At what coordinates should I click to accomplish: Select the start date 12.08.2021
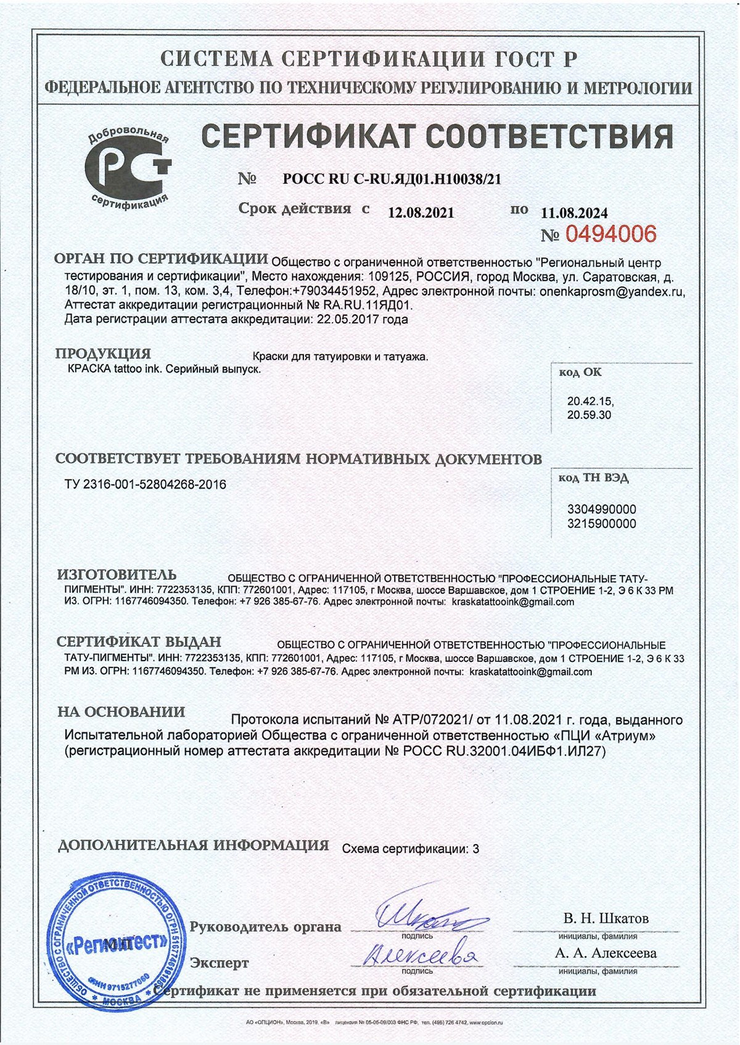(421, 213)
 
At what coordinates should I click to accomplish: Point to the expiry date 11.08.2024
(574, 213)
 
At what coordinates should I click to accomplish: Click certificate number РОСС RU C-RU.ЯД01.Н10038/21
(392, 180)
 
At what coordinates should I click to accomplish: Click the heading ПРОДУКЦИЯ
(103, 354)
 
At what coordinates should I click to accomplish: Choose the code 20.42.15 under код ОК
(590, 401)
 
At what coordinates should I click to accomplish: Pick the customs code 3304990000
(601, 510)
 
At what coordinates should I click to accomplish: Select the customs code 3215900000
(601, 524)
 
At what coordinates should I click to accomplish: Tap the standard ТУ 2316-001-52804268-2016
(146, 485)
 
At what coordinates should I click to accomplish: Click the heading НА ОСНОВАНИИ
(121, 712)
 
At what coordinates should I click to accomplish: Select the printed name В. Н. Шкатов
(606, 919)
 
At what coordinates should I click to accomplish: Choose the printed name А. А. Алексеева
(606, 953)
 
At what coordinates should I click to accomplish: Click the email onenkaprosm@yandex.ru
(612, 292)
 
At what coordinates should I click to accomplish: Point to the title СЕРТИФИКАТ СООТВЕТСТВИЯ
(437, 136)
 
